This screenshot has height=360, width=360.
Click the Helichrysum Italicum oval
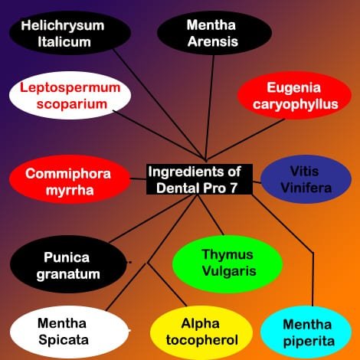[x=70, y=33]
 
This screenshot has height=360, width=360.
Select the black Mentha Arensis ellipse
[x=214, y=33]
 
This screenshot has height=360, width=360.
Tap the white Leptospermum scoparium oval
[x=70, y=96]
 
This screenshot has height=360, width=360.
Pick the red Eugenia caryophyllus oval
[x=294, y=96]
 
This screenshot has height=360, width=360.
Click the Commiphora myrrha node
[x=70, y=179]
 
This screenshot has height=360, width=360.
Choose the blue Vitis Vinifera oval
[x=306, y=179]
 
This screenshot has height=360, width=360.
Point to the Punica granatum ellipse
[x=68, y=264]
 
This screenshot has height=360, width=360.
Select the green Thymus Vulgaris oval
[x=227, y=264]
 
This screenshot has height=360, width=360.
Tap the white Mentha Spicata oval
[x=70, y=332]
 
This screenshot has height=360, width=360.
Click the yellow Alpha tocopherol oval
[x=201, y=332]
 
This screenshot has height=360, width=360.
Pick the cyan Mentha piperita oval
[x=306, y=332]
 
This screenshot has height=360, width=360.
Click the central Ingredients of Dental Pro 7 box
[x=199, y=179]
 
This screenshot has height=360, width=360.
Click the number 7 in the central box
[x=234, y=188]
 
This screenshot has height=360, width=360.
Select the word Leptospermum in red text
[x=70, y=87]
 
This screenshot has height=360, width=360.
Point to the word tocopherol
[x=202, y=340]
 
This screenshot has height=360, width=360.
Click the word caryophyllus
[x=296, y=104]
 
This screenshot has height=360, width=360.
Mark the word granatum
[x=68, y=274]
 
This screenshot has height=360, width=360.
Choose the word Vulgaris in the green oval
[x=229, y=271]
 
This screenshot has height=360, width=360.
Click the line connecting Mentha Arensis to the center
[x=210, y=108]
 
